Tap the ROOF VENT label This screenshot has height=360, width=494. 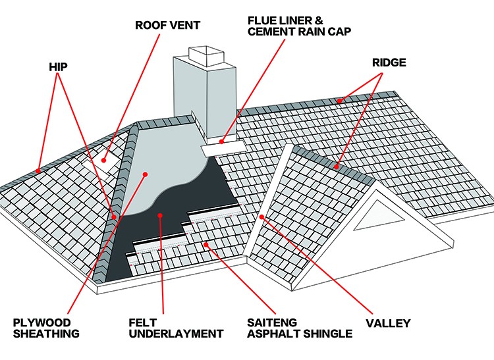(167, 26)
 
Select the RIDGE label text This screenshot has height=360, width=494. (389, 63)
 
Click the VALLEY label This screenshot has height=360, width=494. (388, 323)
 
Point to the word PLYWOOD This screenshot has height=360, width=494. (41, 322)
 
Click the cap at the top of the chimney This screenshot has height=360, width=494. (204, 52)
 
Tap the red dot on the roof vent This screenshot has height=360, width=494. (105, 157)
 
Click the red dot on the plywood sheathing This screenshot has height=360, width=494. (146, 174)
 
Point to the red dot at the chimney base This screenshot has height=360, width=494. (223, 140)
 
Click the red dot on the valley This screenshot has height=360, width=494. (262, 217)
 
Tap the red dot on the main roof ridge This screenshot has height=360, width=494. (341, 101)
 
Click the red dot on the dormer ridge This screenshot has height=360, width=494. (336, 167)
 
